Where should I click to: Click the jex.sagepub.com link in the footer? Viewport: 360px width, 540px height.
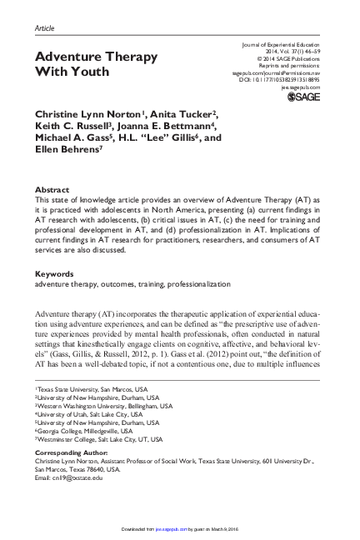pos(169,528)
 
